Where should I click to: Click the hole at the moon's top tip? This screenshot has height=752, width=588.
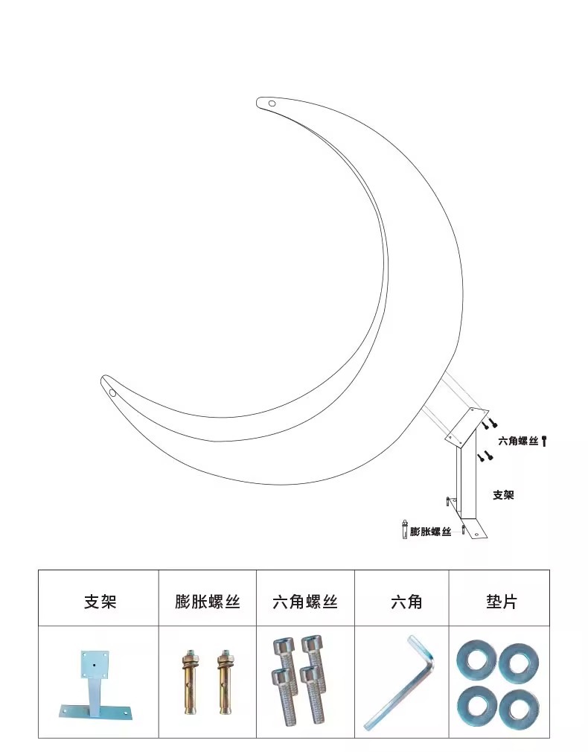click(272, 103)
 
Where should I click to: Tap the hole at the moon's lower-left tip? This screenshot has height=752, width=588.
click(112, 392)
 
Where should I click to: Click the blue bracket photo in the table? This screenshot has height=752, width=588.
click(92, 684)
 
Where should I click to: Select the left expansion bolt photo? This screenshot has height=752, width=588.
click(188, 682)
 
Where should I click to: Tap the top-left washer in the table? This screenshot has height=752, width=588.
click(474, 660)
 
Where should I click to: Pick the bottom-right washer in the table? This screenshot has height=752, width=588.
click(519, 704)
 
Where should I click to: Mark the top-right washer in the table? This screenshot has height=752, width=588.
click(519, 660)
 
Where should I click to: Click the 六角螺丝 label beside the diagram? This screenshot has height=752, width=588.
click(518, 442)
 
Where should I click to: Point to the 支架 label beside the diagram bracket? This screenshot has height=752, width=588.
click(503, 494)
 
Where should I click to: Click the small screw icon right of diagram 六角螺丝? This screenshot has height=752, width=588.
click(545, 441)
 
